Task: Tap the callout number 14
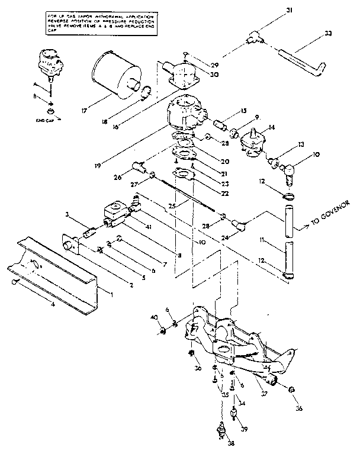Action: click(x=272, y=127)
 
